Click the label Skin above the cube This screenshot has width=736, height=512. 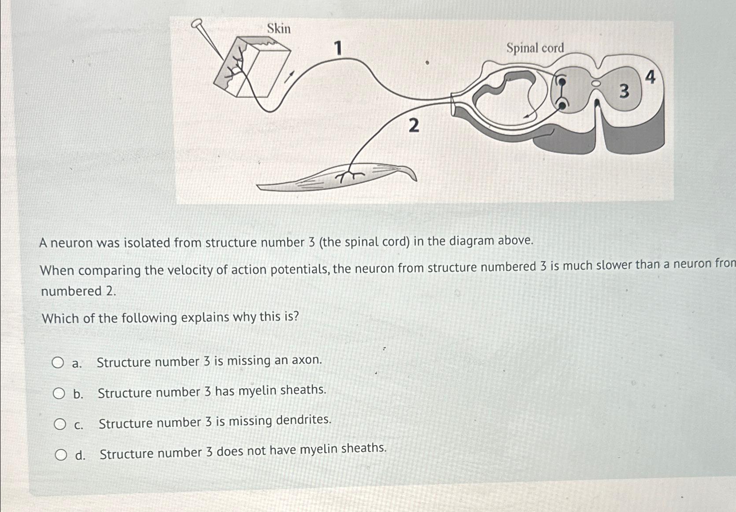click(x=279, y=29)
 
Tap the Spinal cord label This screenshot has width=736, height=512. click(x=535, y=48)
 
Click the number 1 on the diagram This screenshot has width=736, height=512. click(x=338, y=48)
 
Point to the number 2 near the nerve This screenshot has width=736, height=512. click(x=413, y=126)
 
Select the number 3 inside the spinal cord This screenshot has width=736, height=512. click(x=624, y=92)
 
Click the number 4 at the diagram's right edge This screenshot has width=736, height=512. click(x=650, y=78)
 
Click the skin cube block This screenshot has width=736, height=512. click(x=251, y=68)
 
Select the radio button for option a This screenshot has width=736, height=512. click(x=57, y=363)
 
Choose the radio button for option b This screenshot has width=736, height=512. click(x=59, y=394)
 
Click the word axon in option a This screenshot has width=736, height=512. click(x=306, y=360)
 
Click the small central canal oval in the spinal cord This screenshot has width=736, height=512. click(x=595, y=82)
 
